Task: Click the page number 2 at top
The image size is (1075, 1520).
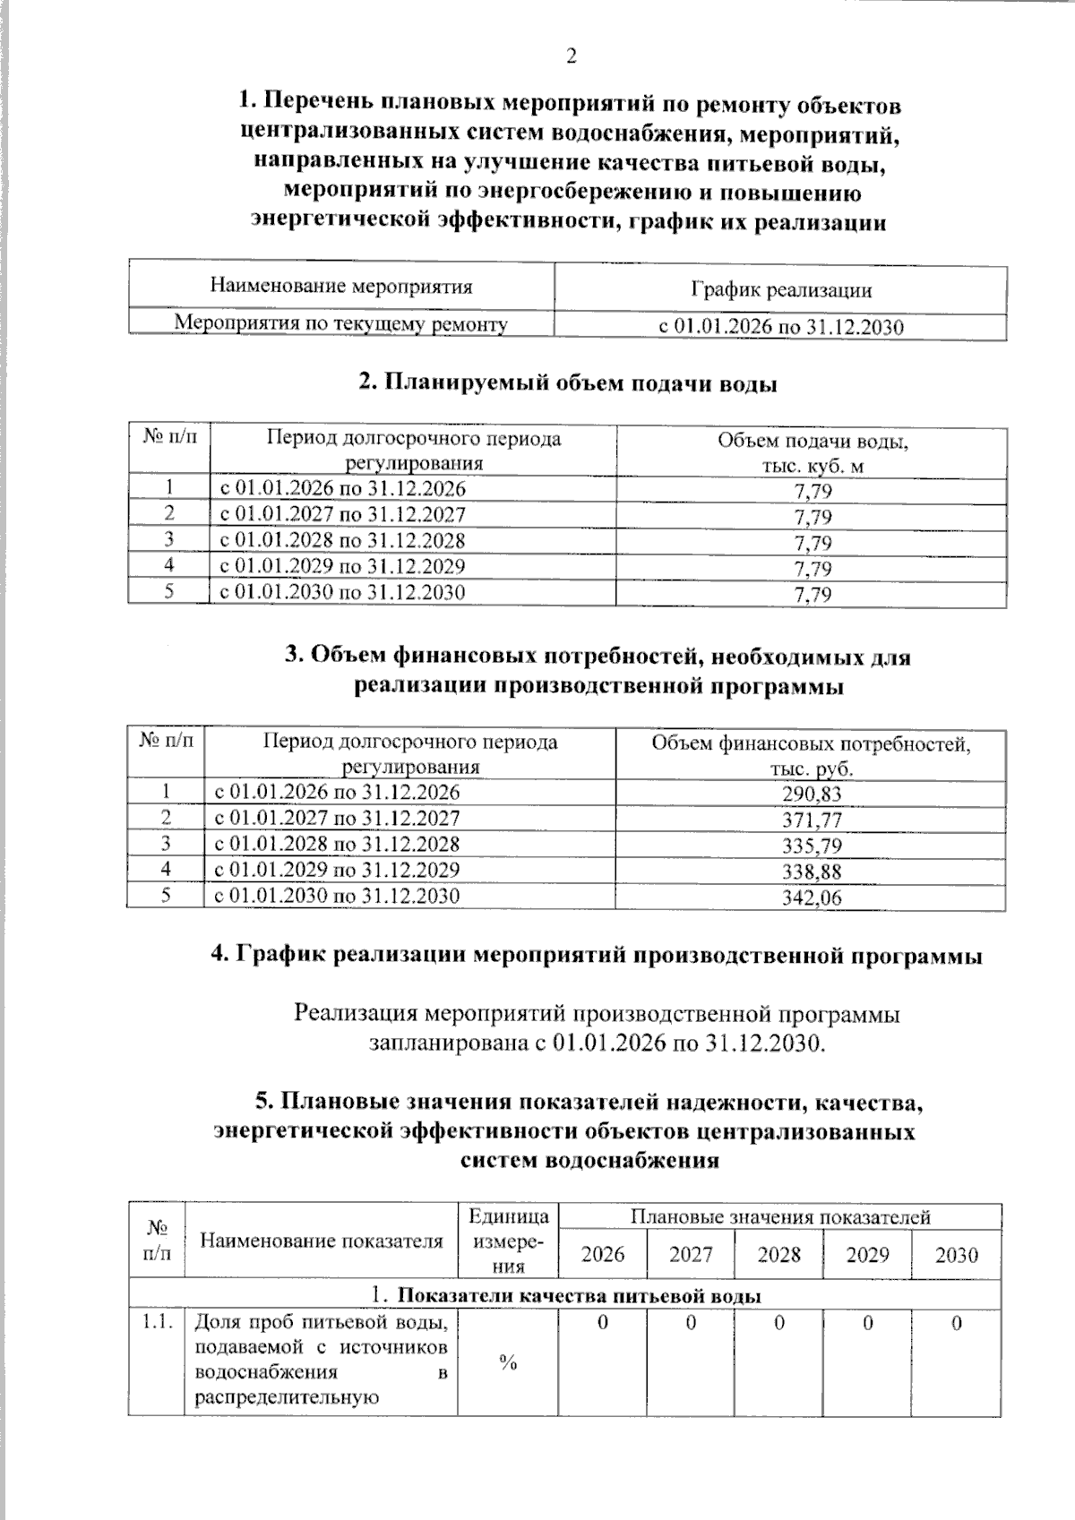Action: pos(571,56)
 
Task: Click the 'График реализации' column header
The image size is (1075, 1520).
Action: pos(780,289)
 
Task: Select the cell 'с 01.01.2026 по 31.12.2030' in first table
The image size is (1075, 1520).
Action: pos(780,327)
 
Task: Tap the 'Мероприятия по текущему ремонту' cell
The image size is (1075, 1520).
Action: pos(340,323)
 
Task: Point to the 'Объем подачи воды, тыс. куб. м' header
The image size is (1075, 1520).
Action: pos(812,452)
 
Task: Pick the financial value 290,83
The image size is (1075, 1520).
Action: pos(812,794)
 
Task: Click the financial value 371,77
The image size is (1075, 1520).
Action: pos(812,820)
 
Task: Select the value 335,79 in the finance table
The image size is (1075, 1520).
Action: pos(812,846)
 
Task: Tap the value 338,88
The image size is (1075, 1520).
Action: pos(812,872)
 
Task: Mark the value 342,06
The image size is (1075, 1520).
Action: pos(812,897)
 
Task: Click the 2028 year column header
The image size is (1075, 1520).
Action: pos(778,1254)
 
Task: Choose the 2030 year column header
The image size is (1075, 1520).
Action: pos(956,1255)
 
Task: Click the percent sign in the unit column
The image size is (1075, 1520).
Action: pos(508,1363)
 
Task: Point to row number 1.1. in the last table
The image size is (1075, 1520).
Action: pos(157,1322)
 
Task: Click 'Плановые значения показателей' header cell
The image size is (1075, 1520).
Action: pos(779,1216)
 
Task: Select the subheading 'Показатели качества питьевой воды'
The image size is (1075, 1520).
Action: pos(579,1296)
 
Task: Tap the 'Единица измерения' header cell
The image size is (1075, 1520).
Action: pos(508,1241)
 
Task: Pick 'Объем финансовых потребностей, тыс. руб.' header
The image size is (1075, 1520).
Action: pos(811,755)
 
